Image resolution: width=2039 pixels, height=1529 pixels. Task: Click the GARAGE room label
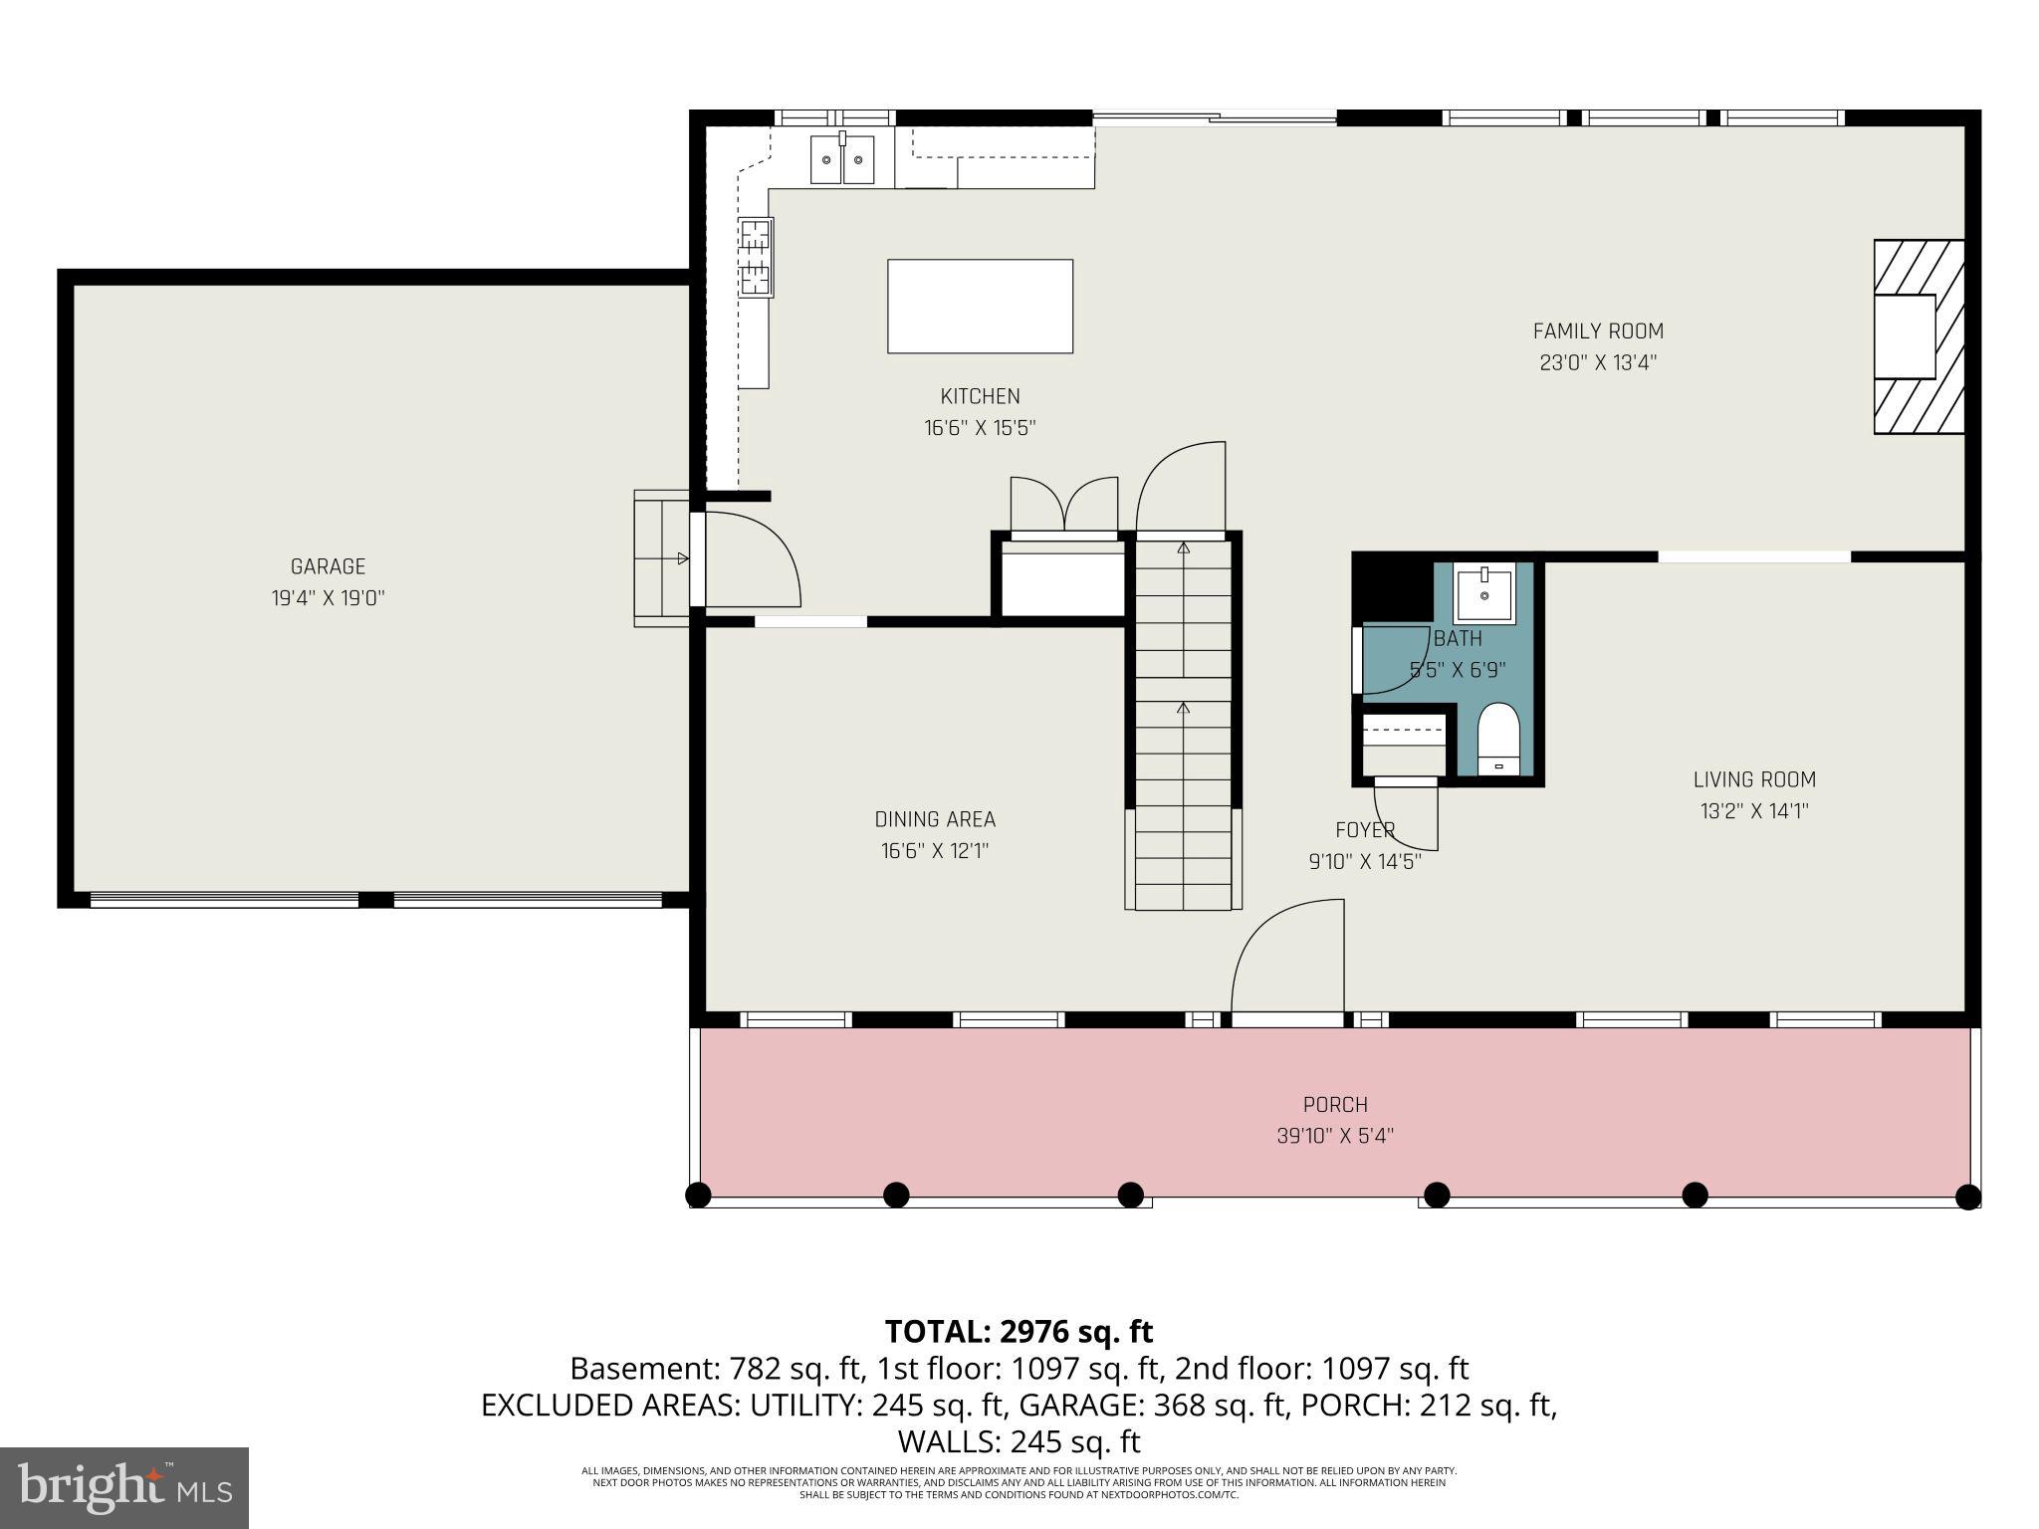click(328, 566)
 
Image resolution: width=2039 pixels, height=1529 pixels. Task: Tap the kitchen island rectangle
click(980, 306)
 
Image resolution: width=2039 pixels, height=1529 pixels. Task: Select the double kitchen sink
click(842, 159)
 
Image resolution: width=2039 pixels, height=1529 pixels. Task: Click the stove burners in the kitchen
click(756, 258)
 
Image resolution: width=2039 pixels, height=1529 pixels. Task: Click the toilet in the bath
click(1498, 738)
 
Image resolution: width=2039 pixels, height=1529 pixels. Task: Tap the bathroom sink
click(1483, 592)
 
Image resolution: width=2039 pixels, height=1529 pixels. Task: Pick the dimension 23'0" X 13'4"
click(1598, 363)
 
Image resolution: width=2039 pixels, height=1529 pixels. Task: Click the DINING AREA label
click(935, 819)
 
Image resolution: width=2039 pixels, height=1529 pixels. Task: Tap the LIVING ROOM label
click(1754, 779)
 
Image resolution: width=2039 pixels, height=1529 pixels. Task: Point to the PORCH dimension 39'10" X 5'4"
click(1335, 1136)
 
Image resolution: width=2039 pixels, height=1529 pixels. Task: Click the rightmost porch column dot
click(1967, 1196)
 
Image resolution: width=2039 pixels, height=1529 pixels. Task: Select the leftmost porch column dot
click(699, 1195)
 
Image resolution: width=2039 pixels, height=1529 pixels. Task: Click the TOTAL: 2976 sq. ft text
click(1019, 1331)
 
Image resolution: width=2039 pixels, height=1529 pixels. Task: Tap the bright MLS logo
click(124, 1487)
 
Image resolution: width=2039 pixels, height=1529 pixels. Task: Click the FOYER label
click(1365, 829)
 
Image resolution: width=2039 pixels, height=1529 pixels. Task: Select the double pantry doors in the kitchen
click(1064, 508)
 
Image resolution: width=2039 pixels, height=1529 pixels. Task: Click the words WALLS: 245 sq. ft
click(1019, 1441)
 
